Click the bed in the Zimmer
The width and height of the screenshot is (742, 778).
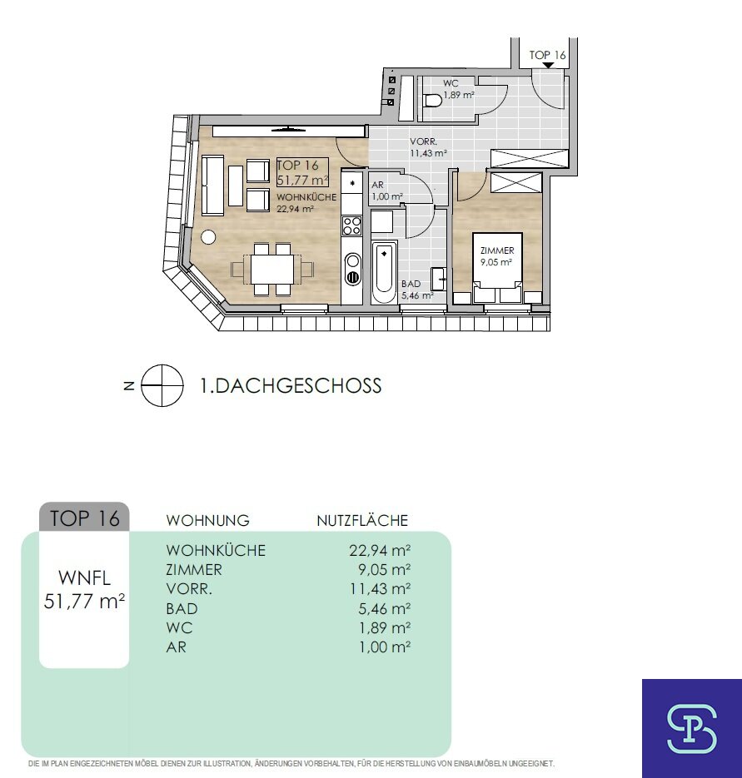coord(497,267)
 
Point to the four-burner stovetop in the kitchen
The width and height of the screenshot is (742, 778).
coord(352,225)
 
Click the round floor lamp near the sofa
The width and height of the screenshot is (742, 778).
coord(208,236)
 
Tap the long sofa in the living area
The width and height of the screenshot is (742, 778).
coord(212,186)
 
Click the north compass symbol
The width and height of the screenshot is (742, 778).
coord(162,385)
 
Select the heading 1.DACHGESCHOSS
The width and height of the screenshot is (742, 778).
coord(291,386)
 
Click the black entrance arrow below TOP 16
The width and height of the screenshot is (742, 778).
coord(547,65)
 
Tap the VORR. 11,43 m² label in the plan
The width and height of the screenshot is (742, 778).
coord(428,148)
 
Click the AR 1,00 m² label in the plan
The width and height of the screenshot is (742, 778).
coord(387,191)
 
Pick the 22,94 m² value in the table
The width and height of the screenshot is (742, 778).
coord(380,550)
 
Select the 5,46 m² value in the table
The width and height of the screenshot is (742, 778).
coord(385,608)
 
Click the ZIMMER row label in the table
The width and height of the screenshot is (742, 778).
coord(194,570)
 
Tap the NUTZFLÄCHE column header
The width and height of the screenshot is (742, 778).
coord(362,521)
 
